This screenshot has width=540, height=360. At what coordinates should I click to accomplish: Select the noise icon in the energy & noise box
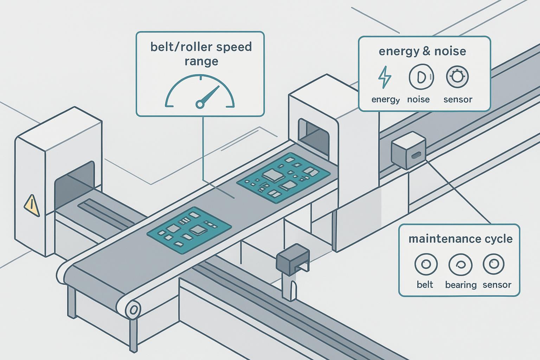point(421,76)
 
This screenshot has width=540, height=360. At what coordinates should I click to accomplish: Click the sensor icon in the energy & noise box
point(457,76)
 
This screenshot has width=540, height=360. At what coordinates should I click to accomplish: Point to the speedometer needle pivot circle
point(200,104)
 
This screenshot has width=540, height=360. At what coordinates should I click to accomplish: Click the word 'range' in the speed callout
point(201,62)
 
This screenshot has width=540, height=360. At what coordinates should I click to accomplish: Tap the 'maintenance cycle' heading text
point(460,239)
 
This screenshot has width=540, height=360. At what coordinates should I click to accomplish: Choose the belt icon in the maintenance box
point(426,264)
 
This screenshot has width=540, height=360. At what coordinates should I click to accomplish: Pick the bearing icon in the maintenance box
point(460,264)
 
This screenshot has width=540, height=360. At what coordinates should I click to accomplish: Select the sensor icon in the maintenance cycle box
point(494,264)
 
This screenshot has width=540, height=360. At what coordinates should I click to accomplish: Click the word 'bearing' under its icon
point(461,284)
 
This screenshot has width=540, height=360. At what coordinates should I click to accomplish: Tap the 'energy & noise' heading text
point(422,51)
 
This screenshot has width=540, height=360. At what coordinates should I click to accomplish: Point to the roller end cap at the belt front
point(133,310)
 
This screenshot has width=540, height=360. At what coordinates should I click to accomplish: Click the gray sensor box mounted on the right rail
point(408,150)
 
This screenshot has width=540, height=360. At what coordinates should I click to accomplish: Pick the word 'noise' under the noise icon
point(418,99)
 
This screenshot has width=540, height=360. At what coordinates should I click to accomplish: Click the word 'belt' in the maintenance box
point(425,284)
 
